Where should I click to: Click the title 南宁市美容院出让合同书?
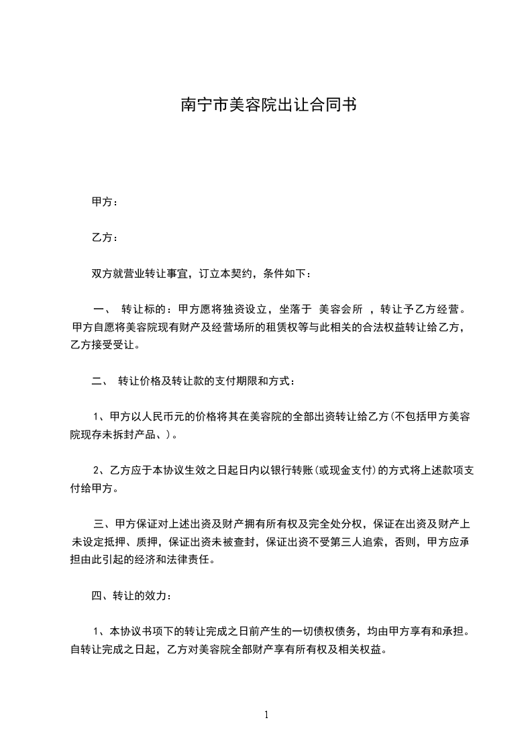(268, 105)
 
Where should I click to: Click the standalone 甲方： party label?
(105, 202)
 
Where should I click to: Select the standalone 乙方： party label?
(105, 238)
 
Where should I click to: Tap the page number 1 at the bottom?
(266, 715)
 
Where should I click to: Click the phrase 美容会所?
(341, 309)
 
